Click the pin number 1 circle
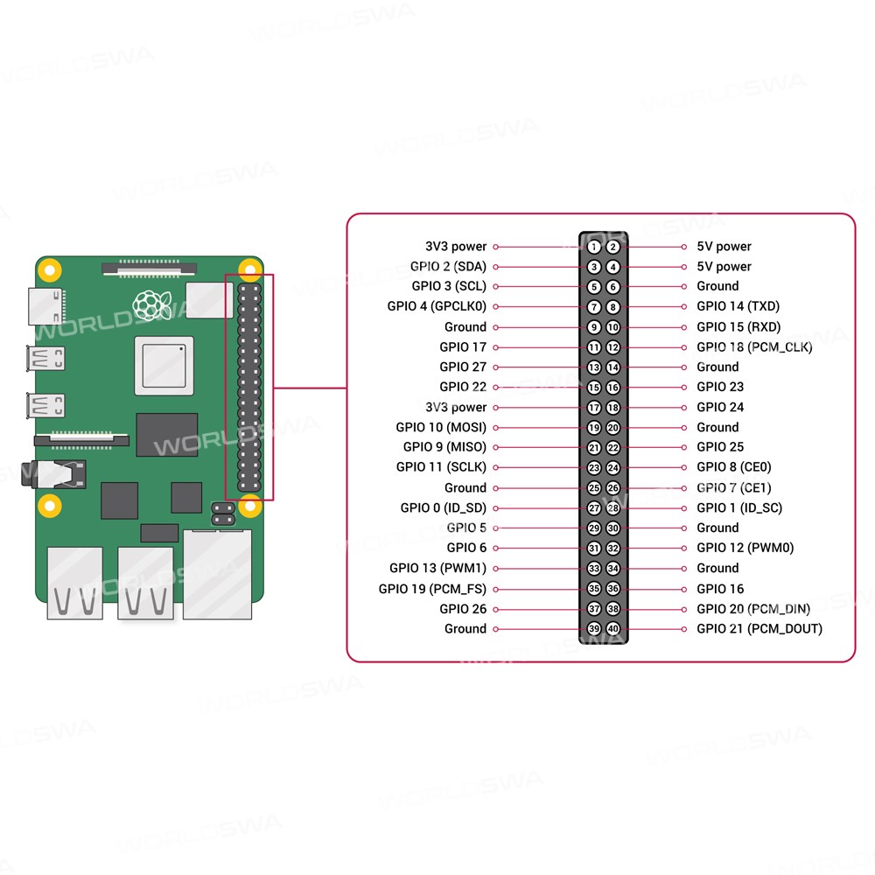click(x=594, y=247)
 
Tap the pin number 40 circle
click(x=613, y=629)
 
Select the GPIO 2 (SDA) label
click(x=448, y=267)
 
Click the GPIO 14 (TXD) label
click(x=738, y=306)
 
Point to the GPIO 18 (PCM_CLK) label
click(x=754, y=347)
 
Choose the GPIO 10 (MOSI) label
click(x=441, y=428)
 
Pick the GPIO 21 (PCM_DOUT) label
click(x=759, y=629)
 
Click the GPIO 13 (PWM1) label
click(x=437, y=569)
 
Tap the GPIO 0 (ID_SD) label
click(x=444, y=508)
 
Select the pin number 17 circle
click(x=594, y=408)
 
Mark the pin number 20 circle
click(x=613, y=428)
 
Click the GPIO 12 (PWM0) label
click(x=745, y=549)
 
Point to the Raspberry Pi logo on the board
click(x=151, y=303)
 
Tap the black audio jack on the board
click(x=61, y=473)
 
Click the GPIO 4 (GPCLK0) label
click(x=437, y=307)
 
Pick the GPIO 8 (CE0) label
click(x=734, y=468)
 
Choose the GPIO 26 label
click(x=463, y=609)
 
